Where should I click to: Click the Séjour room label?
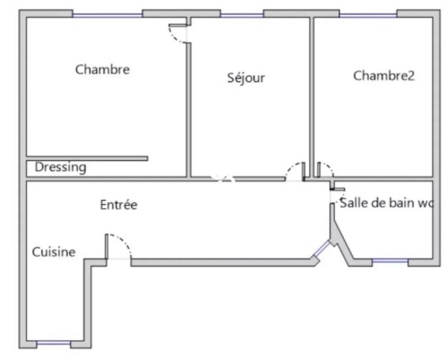[246, 78]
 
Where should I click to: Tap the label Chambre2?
[384, 76]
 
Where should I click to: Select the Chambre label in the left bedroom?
[103, 70]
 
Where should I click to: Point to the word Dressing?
[60, 167]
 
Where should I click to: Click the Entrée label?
[118, 205]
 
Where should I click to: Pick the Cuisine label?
[53, 252]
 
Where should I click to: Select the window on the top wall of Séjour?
[241, 15]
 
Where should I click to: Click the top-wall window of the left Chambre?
[107, 15]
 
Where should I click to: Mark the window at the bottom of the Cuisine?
[54, 343]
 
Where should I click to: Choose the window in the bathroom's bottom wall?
[389, 261]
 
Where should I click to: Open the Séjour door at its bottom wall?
[294, 170]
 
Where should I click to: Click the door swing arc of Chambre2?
[325, 169]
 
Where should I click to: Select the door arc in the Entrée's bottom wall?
[120, 244]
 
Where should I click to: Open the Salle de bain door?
[334, 195]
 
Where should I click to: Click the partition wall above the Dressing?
[87, 159]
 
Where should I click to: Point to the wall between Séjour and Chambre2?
[312, 95]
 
